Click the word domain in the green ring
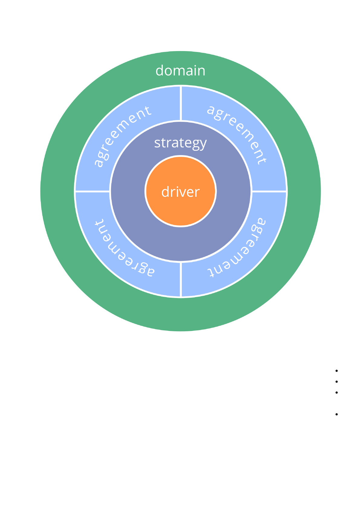pyautogui.click(x=180, y=71)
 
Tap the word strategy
pyautogui.click(x=180, y=143)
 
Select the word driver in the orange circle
pyautogui.click(x=180, y=192)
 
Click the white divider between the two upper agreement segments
pyautogui.click(x=181, y=103)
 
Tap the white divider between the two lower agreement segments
pyautogui.click(x=181, y=279)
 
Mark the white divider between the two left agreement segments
pyautogui.click(x=92, y=191)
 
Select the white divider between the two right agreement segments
pyautogui.click(x=269, y=191)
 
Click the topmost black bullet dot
pyautogui.click(x=336, y=371)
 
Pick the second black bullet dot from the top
pyautogui.click(x=336, y=381)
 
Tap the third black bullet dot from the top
pyautogui.click(x=336, y=392)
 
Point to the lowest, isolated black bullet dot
pyautogui.click(x=336, y=414)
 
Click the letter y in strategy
pyautogui.click(x=203, y=144)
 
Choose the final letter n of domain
pyautogui.click(x=201, y=72)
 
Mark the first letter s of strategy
pyautogui.click(x=157, y=143)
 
